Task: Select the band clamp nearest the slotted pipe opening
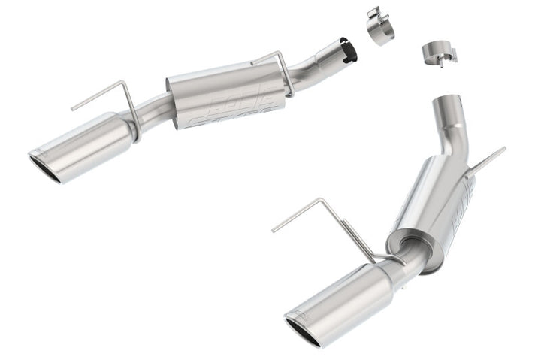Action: point(381,27)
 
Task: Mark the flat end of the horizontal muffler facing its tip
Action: point(177,104)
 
